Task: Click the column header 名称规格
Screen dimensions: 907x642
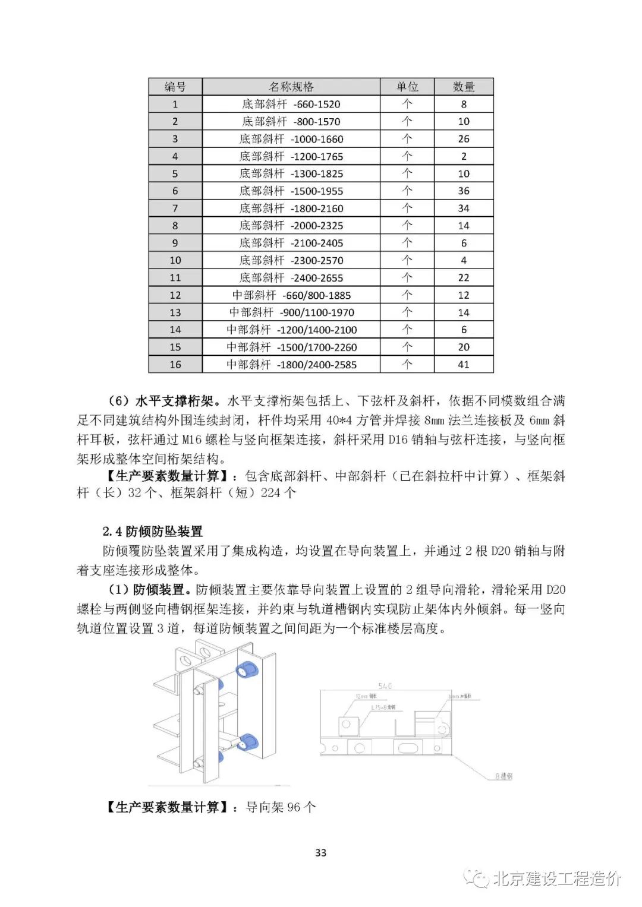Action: click(x=291, y=87)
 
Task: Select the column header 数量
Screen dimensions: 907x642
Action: click(x=464, y=87)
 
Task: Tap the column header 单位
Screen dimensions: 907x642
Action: click(x=407, y=87)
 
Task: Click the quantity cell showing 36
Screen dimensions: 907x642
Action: click(x=464, y=191)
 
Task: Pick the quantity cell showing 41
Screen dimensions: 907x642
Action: click(x=464, y=364)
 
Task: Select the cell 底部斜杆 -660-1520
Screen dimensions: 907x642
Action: click(x=291, y=104)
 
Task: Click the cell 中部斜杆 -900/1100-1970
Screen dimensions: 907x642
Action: click(x=291, y=312)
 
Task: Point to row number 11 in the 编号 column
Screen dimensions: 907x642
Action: click(x=175, y=277)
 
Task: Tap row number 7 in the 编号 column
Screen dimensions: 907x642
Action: click(x=175, y=208)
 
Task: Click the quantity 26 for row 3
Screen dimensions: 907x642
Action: click(x=464, y=139)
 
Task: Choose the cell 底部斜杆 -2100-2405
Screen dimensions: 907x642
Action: click(x=291, y=243)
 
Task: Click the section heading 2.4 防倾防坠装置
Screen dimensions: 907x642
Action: click(x=152, y=531)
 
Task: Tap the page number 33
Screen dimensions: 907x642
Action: click(x=320, y=852)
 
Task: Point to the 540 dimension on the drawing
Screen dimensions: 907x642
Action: click(x=385, y=686)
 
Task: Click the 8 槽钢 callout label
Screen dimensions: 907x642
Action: click(x=503, y=776)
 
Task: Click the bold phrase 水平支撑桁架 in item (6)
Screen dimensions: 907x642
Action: click(x=175, y=401)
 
